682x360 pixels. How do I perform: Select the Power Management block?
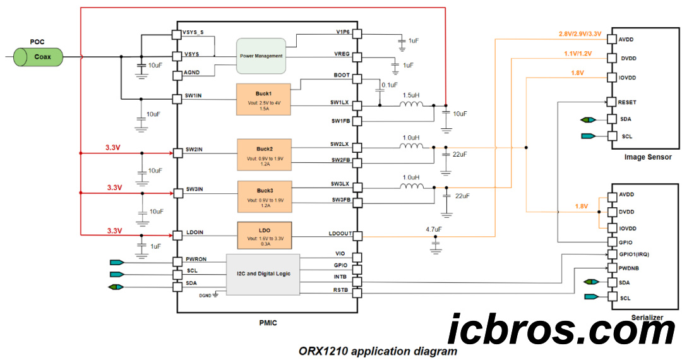tap(261, 56)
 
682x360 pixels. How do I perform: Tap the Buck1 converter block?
tap(263, 99)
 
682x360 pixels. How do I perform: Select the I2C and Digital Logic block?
tap(263, 274)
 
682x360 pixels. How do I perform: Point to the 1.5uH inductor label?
tap(411, 94)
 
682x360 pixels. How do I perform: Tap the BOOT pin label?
tap(341, 75)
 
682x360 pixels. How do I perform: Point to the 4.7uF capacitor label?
tap(434, 229)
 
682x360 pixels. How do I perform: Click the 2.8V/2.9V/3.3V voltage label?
tap(579, 34)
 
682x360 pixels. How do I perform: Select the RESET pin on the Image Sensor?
tap(627, 102)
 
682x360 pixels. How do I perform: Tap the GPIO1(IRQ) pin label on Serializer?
tap(635, 255)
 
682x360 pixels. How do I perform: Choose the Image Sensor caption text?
tap(647, 157)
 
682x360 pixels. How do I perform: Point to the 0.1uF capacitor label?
tap(390, 85)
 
